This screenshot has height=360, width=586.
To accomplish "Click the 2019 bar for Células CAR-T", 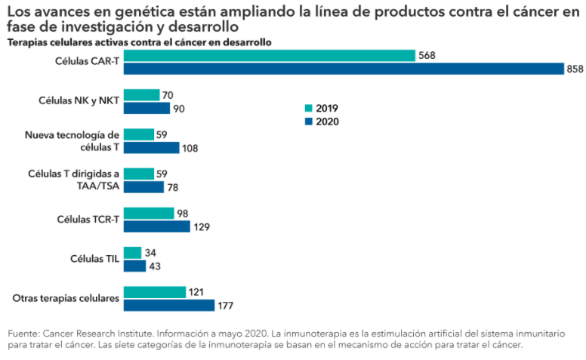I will pyautogui.click(x=269, y=56).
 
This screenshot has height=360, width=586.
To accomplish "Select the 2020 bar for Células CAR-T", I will pyautogui.click(x=344, y=69).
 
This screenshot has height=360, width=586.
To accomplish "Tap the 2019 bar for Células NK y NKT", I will pyautogui.click(x=141, y=95).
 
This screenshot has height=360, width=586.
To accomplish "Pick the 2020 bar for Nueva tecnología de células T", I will pyautogui.click(x=151, y=148).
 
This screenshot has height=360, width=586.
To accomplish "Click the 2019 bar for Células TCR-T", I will pyautogui.click(x=149, y=214).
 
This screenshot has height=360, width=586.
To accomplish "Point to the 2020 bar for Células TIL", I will pyautogui.click(x=134, y=266).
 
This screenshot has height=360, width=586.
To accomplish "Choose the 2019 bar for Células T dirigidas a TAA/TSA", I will pyautogui.click(x=138, y=174).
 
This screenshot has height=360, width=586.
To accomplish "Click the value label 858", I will pyautogui.click(x=575, y=69).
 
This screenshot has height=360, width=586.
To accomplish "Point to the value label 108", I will pyautogui.click(x=190, y=148).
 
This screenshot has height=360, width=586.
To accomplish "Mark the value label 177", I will pyautogui.click(x=225, y=305).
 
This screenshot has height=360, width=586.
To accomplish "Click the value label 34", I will pyautogui.click(x=152, y=253).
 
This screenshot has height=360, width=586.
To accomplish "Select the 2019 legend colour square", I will pyautogui.click(x=308, y=108).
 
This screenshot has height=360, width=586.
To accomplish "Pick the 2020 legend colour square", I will pyautogui.click(x=308, y=121).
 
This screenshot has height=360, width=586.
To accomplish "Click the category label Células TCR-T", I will pyautogui.click(x=88, y=220).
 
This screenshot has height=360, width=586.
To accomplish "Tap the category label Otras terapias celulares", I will pyautogui.click(x=66, y=298).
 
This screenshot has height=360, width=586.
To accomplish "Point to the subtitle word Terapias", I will pyautogui.click(x=27, y=42).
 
